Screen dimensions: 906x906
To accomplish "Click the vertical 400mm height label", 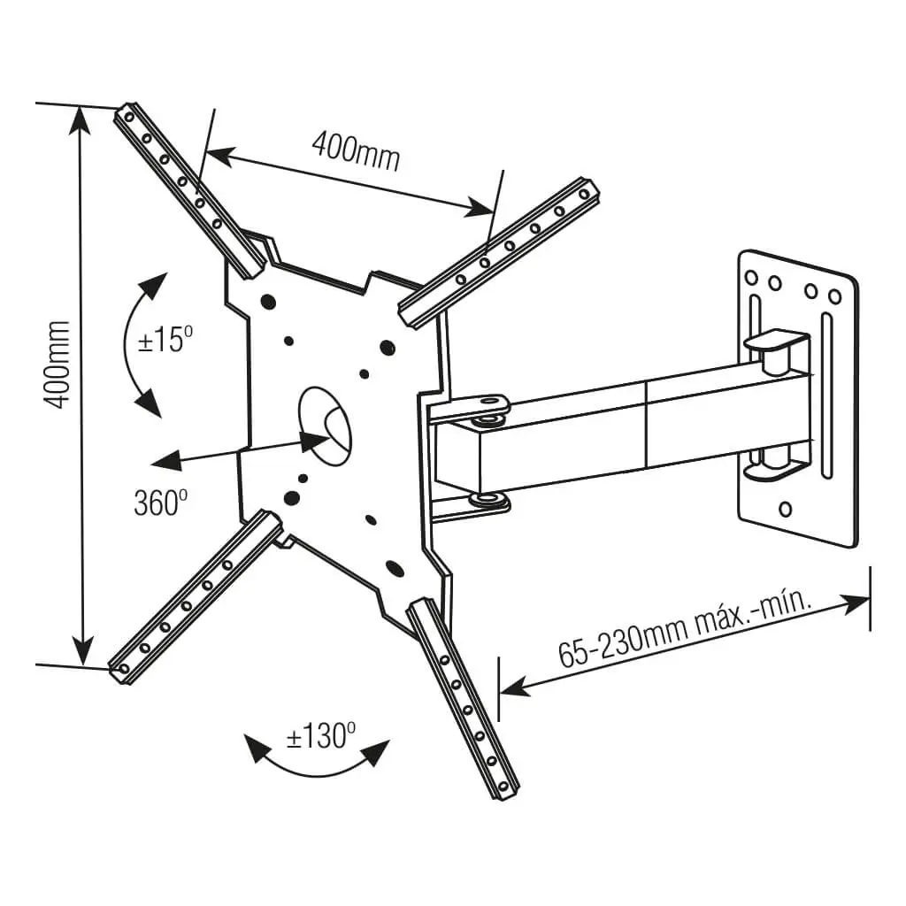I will point(58,364).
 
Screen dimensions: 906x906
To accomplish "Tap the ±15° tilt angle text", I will point(165,340).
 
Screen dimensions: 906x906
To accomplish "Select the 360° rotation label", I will point(160,503).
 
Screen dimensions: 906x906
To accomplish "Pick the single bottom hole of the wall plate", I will point(785,510).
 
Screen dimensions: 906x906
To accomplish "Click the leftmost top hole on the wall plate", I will point(753,277).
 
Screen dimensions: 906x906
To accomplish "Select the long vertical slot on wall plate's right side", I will point(825,394).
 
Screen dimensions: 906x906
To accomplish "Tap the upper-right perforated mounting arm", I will point(500,253).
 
